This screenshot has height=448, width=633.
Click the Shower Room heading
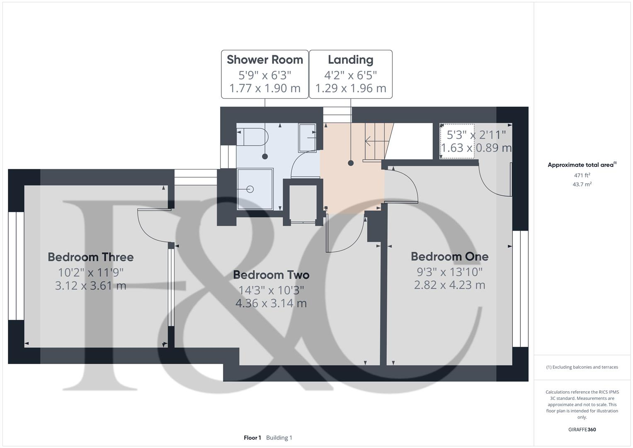tap(265, 60)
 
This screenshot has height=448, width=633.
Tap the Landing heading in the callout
tap(350, 60)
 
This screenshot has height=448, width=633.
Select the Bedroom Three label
tap(91, 257)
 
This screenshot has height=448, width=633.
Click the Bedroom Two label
tap(271, 275)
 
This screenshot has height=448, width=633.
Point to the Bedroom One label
tap(449, 256)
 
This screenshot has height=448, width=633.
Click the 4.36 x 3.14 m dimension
tap(271, 303)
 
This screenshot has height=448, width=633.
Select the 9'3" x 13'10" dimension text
tap(449, 272)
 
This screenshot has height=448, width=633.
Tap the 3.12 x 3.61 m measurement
tap(91, 286)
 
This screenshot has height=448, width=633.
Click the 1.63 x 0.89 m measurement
tap(476, 148)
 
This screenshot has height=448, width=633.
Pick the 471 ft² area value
tap(582, 175)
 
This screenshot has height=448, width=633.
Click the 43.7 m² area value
tap(582, 185)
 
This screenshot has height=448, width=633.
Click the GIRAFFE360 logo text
tap(582, 429)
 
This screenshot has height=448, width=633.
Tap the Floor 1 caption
tap(252, 438)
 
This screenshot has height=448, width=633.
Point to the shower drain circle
tap(250, 189)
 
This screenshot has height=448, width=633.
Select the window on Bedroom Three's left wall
tap(16, 266)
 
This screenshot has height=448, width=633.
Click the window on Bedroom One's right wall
tap(520, 289)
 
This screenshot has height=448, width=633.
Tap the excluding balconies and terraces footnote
tap(582, 367)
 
